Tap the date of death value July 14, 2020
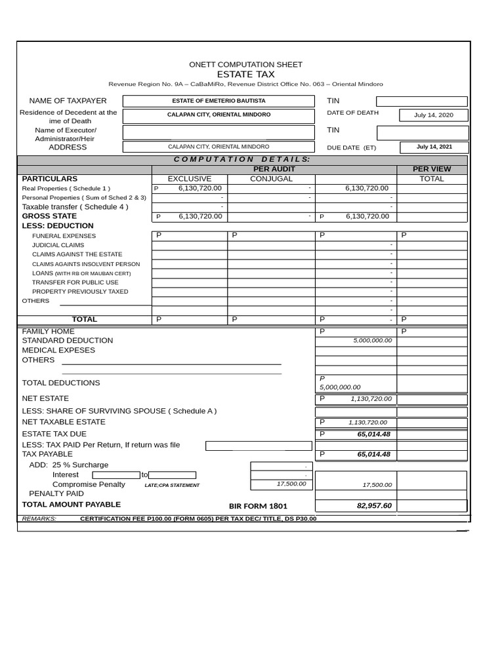click(x=433, y=115)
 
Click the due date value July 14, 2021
click(x=434, y=147)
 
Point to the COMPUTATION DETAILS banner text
click(x=241, y=159)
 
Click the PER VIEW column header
click(x=431, y=169)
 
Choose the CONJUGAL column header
click(x=271, y=179)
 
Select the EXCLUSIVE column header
click(x=190, y=179)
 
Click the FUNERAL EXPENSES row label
click(x=64, y=236)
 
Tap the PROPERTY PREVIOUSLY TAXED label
click(x=80, y=292)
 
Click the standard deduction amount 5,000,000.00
click(x=372, y=341)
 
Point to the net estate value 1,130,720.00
click(x=371, y=398)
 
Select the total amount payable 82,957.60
click(x=374, y=506)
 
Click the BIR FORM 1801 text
click(x=258, y=507)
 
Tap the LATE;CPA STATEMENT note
click(x=172, y=486)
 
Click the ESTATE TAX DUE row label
click(x=54, y=434)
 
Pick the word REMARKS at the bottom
click(x=39, y=518)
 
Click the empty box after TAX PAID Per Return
click(x=259, y=446)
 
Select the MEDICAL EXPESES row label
click(x=58, y=350)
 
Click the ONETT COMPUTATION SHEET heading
click(x=245, y=64)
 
